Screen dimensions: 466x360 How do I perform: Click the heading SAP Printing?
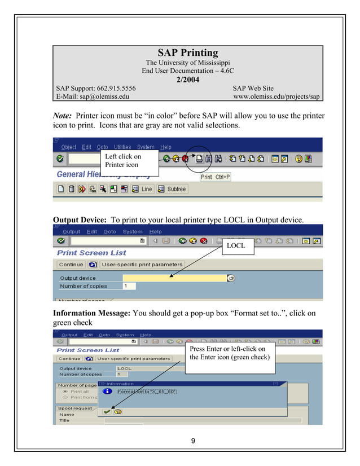tap(187, 53)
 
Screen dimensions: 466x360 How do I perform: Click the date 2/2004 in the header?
tap(187, 80)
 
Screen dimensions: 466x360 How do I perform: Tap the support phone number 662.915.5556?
tap(112, 88)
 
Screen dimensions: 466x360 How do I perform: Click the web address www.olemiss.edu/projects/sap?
tap(276, 96)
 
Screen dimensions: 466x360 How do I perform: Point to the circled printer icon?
tap(199, 160)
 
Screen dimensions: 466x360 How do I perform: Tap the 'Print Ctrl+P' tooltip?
tap(216, 177)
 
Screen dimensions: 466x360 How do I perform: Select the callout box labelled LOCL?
tap(238, 246)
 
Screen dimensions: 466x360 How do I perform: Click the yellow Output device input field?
tap(174, 278)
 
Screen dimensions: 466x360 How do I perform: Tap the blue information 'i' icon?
tap(107, 391)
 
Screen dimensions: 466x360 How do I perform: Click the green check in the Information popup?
tap(107, 412)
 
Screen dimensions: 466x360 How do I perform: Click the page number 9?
tap(193, 441)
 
